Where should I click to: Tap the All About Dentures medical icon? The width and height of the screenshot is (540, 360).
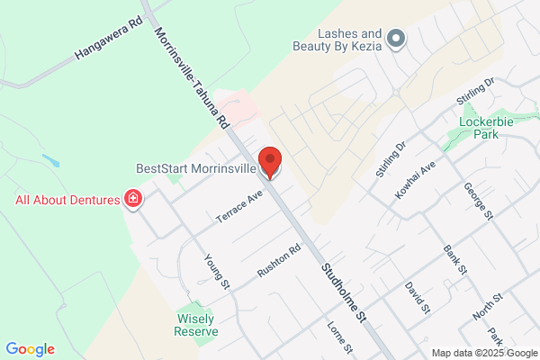[x=133, y=198]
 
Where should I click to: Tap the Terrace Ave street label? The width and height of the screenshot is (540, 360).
[x=238, y=206]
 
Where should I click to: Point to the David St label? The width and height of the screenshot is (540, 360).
[x=417, y=297]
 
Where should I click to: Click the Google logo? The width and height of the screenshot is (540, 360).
[x=30, y=349]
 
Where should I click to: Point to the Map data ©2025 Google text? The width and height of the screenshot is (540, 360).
[x=483, y=352]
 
